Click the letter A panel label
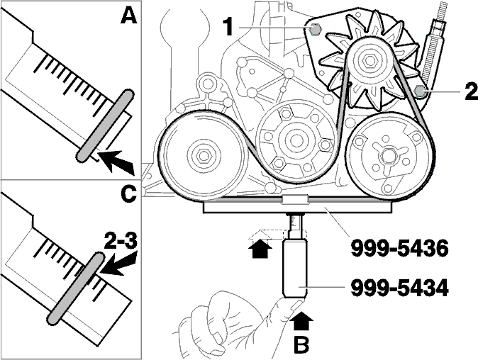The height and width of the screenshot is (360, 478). click(128, 16)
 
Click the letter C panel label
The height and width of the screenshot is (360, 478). click(128, 194)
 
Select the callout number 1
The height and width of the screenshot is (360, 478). click(228, 27)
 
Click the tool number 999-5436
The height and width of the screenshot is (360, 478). click(400, 248)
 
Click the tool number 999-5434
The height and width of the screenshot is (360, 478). click(400, 288)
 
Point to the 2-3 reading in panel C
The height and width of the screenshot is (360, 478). click(121, 242)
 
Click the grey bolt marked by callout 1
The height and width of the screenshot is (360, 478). click(315, 30)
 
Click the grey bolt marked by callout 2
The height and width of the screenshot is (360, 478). click(421, 91)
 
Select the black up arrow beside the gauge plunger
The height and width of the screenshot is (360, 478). click(260, 247)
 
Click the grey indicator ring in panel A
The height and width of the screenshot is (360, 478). click(104, 125)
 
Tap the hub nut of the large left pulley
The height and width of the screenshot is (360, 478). click(203, 156)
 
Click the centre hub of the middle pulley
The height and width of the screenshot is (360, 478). click(294, 140)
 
